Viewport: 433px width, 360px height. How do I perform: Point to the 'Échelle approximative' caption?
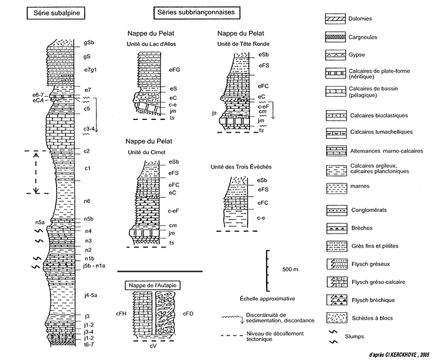pos(267,298)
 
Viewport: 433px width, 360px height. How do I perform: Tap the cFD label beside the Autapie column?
pos(188,314)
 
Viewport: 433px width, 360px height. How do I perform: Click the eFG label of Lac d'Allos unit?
pos(174,70)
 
